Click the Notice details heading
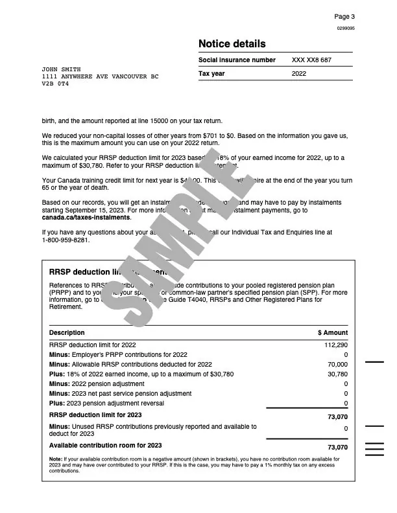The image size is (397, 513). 232,44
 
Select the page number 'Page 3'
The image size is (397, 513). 344,16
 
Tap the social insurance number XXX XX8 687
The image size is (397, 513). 311,60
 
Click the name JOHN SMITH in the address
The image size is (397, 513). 60,69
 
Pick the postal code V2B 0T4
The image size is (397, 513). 55,84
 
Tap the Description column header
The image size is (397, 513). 67,332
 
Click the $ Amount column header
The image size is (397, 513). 333,332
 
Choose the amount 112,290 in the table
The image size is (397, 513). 336,345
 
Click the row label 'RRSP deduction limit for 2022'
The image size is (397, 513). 93,345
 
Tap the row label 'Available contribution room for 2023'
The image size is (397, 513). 97,446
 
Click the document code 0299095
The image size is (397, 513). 346,29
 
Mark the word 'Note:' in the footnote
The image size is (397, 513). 56,459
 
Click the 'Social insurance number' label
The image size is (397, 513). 237,60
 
